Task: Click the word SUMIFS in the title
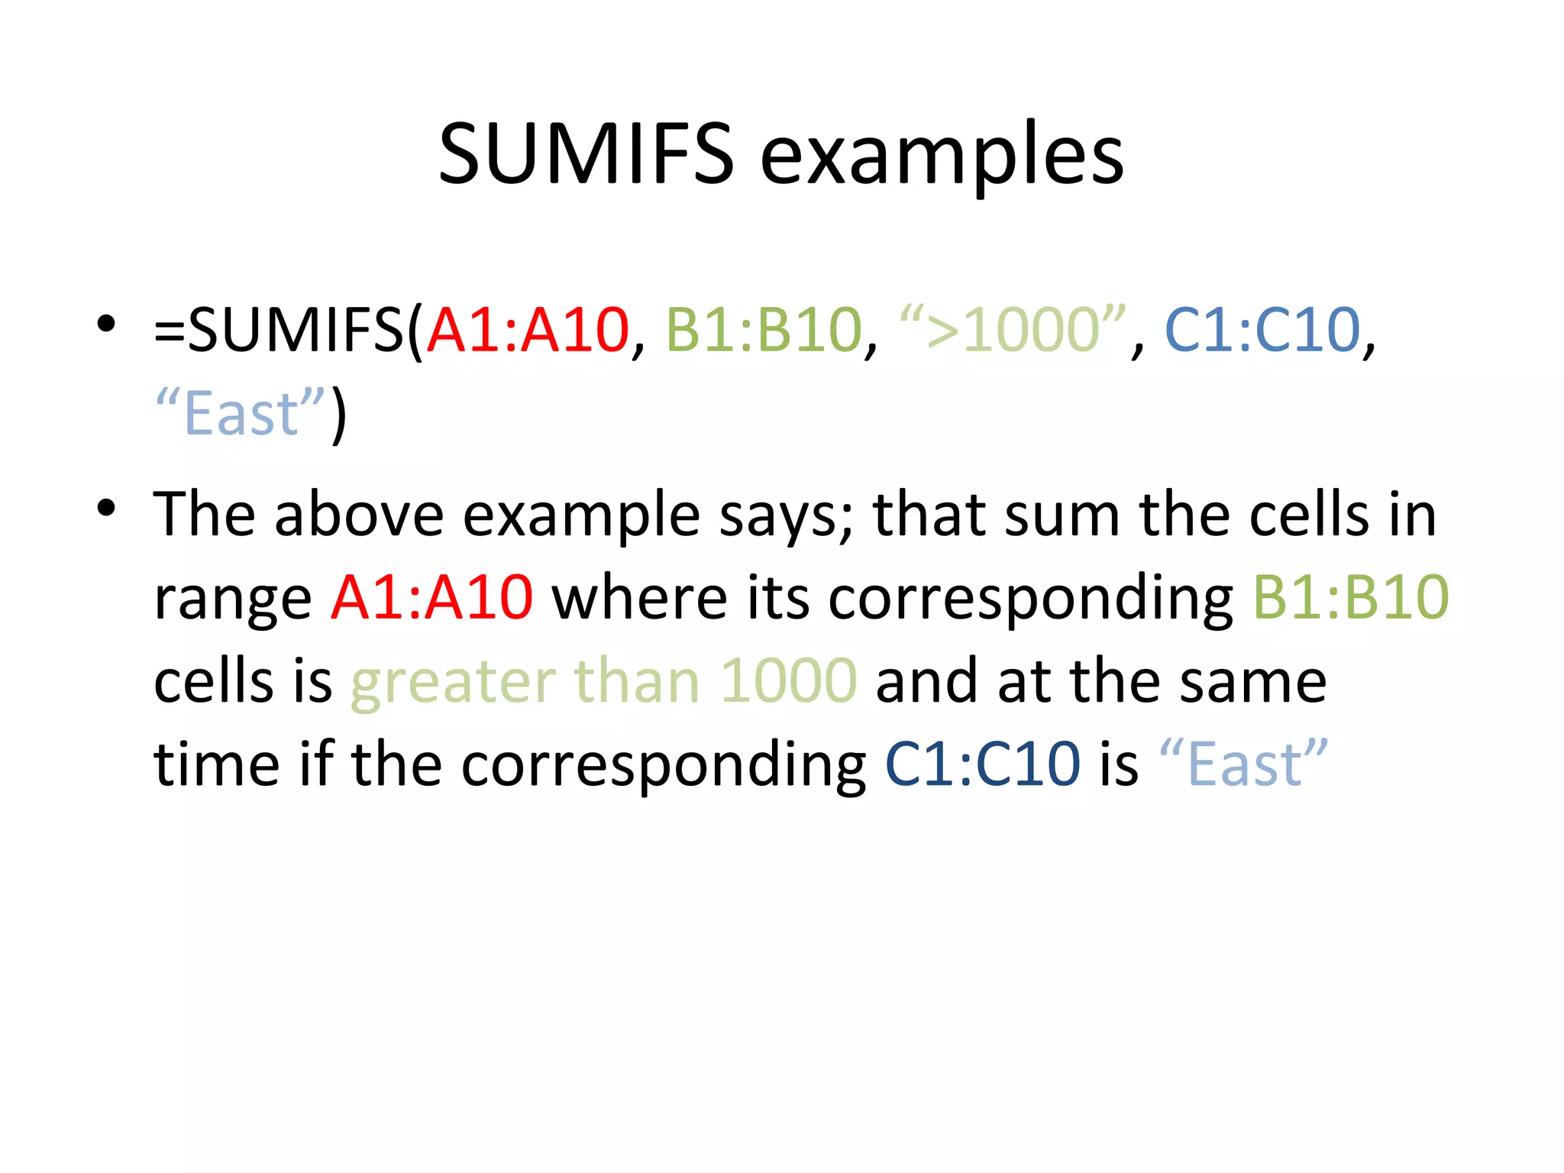pos(586,155)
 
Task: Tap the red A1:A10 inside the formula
pos(528,330)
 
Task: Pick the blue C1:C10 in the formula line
pos(1262,330)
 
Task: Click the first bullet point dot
pos(106,323)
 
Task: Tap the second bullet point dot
pos(106,507)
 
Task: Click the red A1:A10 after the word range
pos(431,596)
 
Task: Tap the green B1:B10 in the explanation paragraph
pos(1350,596)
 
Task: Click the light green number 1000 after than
pos(788,680)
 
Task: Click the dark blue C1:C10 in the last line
pos(982,763)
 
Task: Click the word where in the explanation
pos(640,596)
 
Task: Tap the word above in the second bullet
pos(359,514)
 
